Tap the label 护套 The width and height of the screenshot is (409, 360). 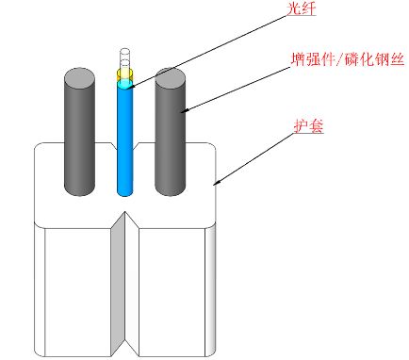(x=309, y=123)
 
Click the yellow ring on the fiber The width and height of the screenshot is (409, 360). (x=124, y=73)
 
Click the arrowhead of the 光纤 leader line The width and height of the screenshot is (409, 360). (x=131, y=86)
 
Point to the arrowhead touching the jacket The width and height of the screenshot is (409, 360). (x=217, y=181)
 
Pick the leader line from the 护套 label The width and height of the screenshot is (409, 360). (x=264, y=152)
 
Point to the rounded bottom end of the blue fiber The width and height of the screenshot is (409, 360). (x=124, y=191)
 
